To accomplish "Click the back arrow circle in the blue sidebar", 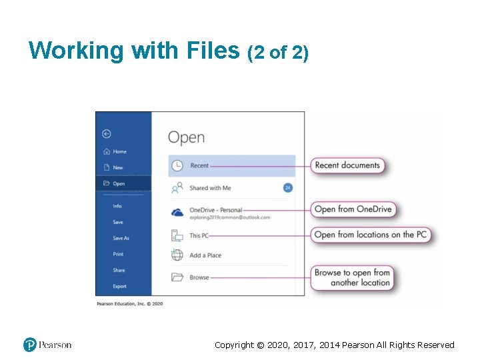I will (x=107, y=133).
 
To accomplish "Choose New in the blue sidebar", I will (x=118, y=167).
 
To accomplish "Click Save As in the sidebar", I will (x=121, y=238).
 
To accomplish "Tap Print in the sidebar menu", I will (x=118, y=254).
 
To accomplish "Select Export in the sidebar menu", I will (x=119, y=286).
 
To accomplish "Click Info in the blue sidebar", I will (x=117, y=206).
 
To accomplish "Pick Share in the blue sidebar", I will (x=119, y=270).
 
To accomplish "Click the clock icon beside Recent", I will (x=177, y=165).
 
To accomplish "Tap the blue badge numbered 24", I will (x=288, y=188).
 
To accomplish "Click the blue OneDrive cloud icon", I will (x=177, y=213).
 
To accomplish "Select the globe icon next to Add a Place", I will (x=177, y=255).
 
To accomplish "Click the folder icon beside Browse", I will (x=177, y=277).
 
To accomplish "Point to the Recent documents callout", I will (x=347, y=165).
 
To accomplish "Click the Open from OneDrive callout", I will (x=353, y=209).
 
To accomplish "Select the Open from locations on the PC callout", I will (x=371, y=235).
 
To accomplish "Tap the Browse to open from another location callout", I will (x=352, y=277).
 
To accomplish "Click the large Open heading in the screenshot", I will (x=186, y=137).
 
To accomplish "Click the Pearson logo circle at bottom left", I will (x=29, y=345).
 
